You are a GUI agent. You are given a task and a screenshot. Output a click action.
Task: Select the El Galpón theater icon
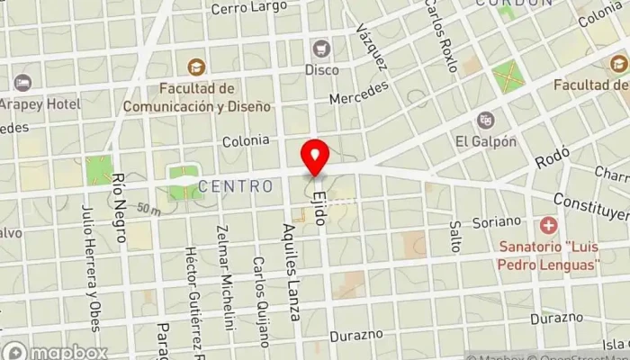point(486,120)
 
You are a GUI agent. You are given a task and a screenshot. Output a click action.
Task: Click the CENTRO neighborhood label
point(236,186)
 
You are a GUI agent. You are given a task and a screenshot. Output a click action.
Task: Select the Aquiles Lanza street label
point(290,272)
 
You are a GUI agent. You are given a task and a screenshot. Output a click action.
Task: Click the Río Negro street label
point(119,209)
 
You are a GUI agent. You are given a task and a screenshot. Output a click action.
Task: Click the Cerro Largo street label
point(248,8)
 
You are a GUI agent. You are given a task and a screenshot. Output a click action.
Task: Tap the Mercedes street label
point(359,93)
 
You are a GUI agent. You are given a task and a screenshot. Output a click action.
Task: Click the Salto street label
point(455,237)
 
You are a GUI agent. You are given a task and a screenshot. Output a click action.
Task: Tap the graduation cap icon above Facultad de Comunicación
point(195,67)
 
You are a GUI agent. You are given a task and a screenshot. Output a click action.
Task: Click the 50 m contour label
point(148,211)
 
